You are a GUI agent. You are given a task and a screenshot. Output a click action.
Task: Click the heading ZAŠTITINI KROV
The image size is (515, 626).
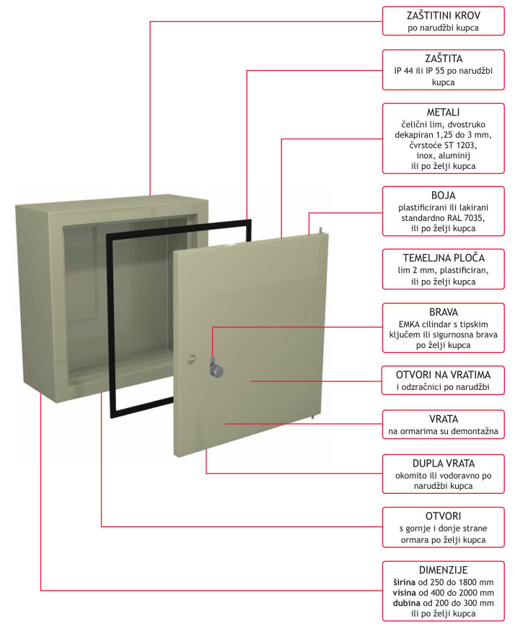pos(442,15)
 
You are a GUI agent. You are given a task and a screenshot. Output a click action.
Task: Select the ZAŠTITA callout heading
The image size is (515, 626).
pos(442,58)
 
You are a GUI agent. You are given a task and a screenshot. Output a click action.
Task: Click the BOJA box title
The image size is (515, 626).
pos(442,194)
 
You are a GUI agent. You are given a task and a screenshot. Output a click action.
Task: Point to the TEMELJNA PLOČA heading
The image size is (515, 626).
pos(442,257)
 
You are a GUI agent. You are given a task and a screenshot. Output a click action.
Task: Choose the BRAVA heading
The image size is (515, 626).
pos(442,313)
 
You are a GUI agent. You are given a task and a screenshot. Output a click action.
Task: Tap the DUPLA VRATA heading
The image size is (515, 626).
pos(442,462)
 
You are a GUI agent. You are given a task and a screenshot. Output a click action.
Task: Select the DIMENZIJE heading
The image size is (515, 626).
pos(442,570)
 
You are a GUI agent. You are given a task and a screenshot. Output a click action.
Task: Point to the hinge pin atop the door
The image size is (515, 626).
pos(314,230)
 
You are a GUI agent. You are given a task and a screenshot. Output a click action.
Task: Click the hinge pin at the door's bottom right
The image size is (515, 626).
pos(312,417)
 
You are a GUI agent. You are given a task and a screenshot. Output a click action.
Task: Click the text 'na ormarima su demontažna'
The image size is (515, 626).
pos(442,432)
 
